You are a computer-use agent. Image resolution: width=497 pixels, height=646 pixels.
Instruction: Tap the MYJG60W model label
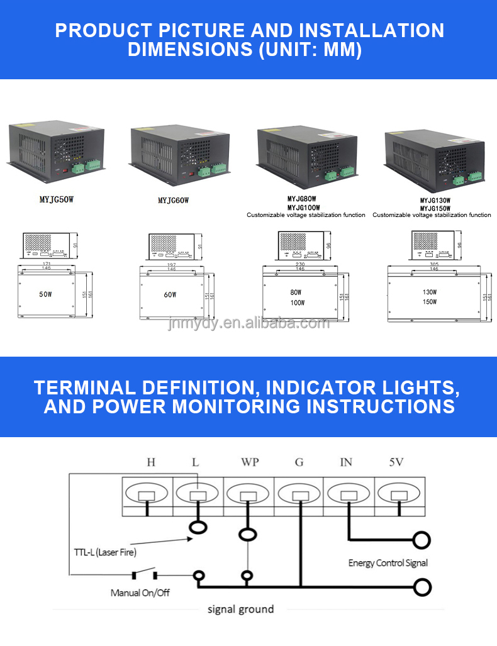173,200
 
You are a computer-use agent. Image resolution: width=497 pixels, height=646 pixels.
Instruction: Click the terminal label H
151,462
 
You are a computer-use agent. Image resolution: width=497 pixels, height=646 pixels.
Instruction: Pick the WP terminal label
249,462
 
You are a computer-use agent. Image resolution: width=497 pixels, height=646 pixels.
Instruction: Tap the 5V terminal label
396,462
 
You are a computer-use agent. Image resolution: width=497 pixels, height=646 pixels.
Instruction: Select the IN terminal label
346,462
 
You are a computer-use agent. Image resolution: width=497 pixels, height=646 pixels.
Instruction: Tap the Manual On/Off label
140,593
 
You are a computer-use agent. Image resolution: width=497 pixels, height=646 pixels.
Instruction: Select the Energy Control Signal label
388,563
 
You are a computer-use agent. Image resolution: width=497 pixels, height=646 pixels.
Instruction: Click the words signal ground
240,609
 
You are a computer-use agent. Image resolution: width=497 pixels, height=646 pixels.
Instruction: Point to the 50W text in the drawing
45,294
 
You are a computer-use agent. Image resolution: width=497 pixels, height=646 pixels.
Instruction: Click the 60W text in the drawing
170,294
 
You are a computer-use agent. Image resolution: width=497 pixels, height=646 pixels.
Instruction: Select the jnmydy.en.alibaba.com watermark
248,323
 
